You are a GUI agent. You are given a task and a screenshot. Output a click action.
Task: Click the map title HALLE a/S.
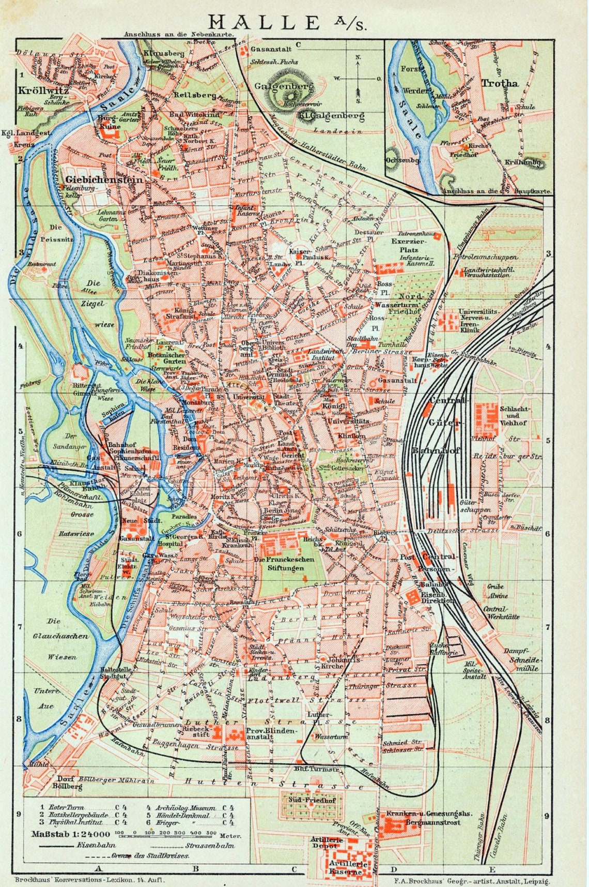[x=287, y=23]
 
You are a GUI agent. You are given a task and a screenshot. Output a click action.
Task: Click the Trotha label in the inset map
[x=499, y=83]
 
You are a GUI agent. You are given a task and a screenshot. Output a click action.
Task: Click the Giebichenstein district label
[x=103, y=179]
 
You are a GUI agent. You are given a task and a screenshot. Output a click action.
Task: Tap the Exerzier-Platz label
[x=409, y=245]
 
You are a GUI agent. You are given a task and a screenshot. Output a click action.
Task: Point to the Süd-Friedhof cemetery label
[x=312, y=800]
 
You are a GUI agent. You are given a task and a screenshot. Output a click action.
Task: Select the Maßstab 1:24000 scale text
[x=71, y=834]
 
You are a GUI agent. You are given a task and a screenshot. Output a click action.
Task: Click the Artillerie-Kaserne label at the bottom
[x=349, y=867]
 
